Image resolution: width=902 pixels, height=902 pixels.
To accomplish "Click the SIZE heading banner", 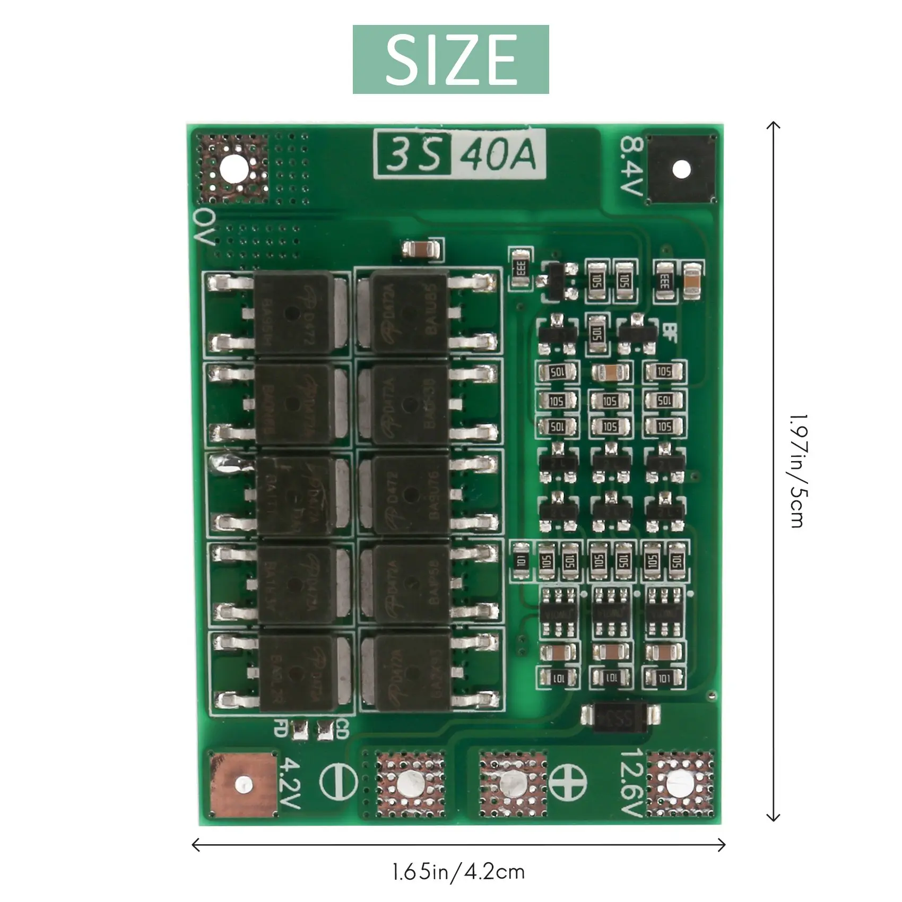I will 450,59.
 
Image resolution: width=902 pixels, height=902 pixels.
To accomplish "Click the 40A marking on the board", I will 498,155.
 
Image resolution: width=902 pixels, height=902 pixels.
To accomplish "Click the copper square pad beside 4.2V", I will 243,784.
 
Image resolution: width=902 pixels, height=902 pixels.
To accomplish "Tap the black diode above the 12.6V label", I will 620,717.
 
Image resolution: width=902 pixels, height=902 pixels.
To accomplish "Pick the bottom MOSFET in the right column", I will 411,673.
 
